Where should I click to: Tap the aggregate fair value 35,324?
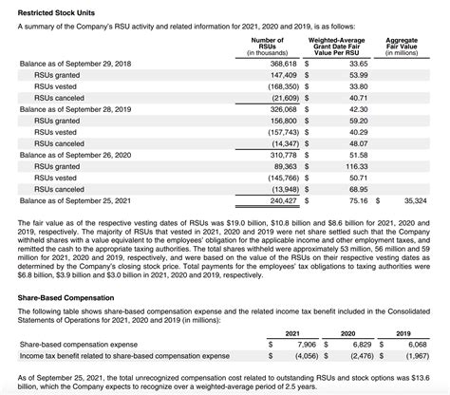click(x=415, y=200)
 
